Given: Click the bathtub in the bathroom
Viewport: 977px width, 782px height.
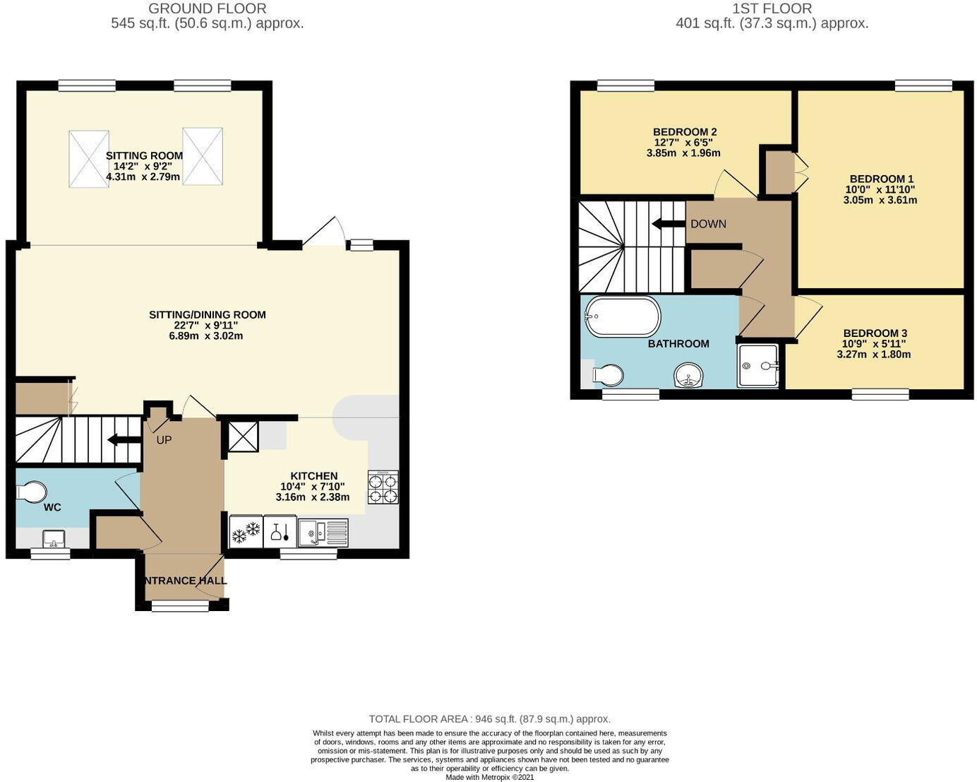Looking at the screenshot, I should (x=623, y=316).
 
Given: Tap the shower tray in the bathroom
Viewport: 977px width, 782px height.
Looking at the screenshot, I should (x=757, y=366).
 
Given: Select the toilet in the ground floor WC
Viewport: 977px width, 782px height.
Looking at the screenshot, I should (x=31, y=492).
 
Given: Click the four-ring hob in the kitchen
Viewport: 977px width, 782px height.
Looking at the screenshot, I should (x=383, y=487).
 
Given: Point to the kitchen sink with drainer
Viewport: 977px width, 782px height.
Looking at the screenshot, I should (x=323, y=533).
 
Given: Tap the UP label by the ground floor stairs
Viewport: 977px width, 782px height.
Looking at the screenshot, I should (x=164, y=440).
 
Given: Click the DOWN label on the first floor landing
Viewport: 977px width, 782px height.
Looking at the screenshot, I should (x=708, y=224).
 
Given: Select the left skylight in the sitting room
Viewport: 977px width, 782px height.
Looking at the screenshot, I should (x=89, y=158).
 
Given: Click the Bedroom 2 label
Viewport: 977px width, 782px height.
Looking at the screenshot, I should (x=684, y=132).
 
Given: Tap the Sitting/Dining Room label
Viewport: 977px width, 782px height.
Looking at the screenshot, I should (x=207, y=315).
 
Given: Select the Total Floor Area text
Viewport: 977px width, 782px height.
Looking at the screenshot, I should (x=489, y=719).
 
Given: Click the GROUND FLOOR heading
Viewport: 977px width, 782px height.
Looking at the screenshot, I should (x=207, y=8).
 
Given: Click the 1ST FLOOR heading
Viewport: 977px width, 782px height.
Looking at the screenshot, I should (x=772, y=8).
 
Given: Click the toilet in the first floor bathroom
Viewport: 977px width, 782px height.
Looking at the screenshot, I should (x=606, y=375).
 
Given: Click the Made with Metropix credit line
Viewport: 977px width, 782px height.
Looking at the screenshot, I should (x=489, y=777).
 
